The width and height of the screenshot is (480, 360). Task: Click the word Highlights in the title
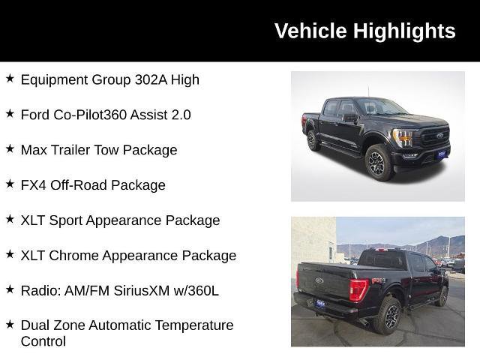(404, 31)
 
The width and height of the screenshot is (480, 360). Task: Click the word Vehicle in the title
(311, 31)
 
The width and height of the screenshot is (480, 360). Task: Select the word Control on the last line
(43, 341)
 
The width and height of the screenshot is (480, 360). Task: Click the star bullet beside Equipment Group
(10, 78)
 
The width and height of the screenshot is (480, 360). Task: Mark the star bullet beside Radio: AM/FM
(10, 289)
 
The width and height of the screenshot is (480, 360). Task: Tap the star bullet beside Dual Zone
(10, 324)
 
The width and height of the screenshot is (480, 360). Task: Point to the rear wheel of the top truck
(313, 140)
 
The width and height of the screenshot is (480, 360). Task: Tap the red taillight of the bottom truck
(358, 289)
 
